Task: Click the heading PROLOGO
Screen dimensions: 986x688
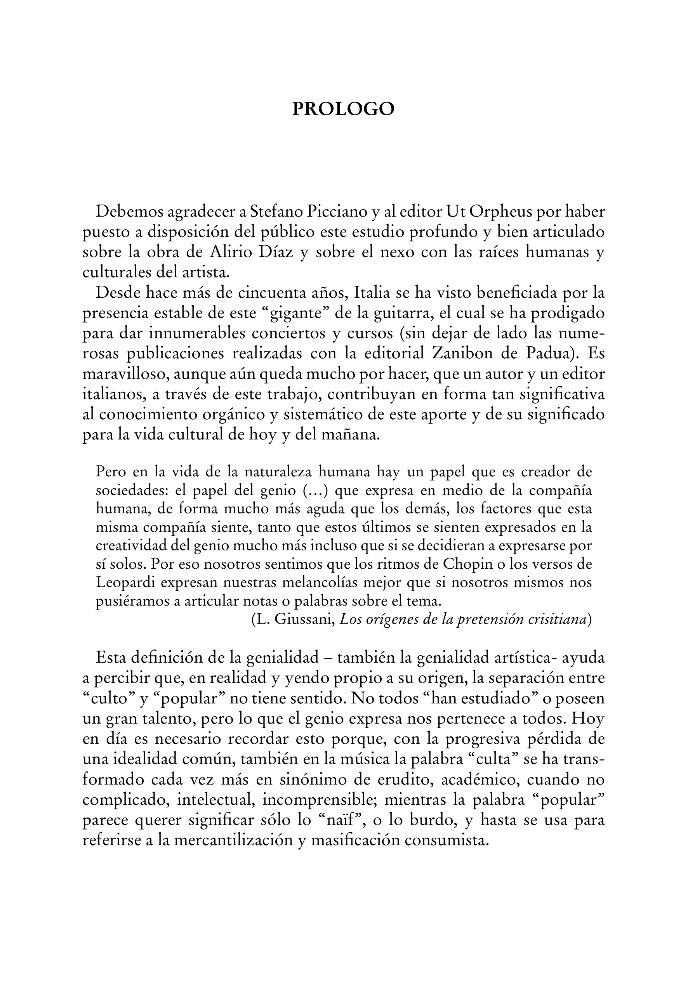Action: tap(343, 109)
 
